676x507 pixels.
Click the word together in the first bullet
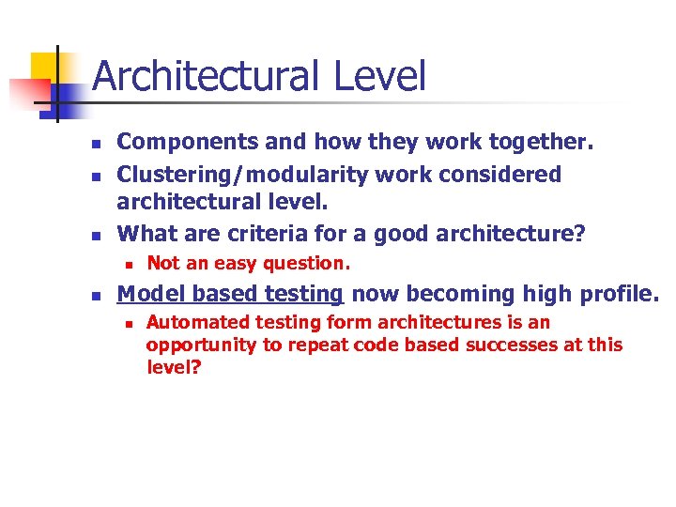click(545, 143)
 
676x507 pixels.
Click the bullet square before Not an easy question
click(125, 265)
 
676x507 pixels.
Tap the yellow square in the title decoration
click(45, 68)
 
